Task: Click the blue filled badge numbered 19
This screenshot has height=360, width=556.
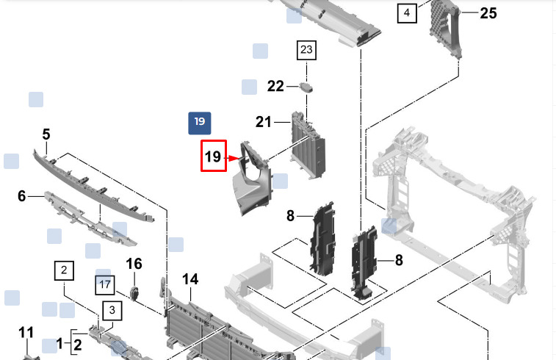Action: pyautogui.click(x=200, y=123)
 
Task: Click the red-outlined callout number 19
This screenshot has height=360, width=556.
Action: pyautogui.click(x=214, y=156)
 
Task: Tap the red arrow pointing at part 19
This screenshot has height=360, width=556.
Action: pyautogui.click(x=234, y=158)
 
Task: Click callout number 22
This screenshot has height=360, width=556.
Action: pyautogui.click(x=275, y=86)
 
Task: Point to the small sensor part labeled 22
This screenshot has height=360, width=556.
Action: pyautogui.click(x=306, y=87)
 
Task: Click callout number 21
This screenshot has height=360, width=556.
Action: pyautogui.click(x=264, y=122)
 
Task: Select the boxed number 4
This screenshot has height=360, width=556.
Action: pyautogui.click(x=407, y=13)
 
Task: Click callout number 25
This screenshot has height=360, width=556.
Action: pyautogui.click(x=488, y=13)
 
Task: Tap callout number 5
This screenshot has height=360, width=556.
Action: pyautogui.click(x=46, y=134)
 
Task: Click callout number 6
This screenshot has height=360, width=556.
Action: pyautogui.click(x=22, y=195)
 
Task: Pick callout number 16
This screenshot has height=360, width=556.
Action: pyautogui.click(x=134, y=264)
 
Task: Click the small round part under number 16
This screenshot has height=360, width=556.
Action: pyautogui.click(x=134, y=293)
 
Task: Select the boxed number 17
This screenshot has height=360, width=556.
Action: pyautogui.click(x=105, y=285)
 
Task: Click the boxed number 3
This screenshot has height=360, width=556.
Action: pyautogui.click(x=112, y=311)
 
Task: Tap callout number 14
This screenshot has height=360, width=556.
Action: pyautogui.click(x=190, y=279)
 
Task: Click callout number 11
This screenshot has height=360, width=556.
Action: pyautogui.click(x=26, y=333)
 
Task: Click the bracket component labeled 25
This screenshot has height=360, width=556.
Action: pyautogui.click(x=446, y=29)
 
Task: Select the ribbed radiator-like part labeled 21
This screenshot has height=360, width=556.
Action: pyautogui.click(x=308, y=145)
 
